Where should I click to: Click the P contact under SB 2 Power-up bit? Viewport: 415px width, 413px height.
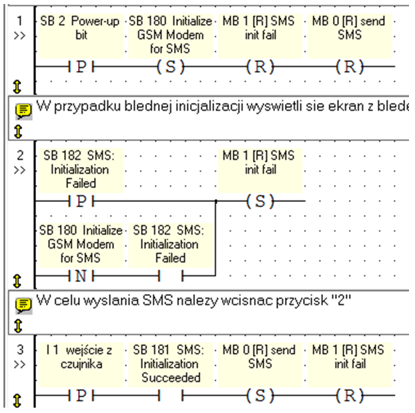pos(81,67)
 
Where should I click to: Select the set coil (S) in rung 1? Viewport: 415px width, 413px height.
pos(170,67)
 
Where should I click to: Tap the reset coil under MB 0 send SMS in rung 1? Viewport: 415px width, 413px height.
pos(350,67)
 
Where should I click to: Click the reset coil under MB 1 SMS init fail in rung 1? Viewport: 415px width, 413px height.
pos(260,67)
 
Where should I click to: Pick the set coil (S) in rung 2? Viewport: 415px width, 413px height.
pos(260,201)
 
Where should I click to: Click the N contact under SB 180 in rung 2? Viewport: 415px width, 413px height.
pos(81,276)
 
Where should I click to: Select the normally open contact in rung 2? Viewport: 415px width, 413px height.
pos(171,276)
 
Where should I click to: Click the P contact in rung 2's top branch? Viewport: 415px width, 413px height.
pos(81,201)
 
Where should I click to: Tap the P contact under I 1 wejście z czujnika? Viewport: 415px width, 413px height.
pos(81,396)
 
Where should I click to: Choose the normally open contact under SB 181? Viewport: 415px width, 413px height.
pos(171,396)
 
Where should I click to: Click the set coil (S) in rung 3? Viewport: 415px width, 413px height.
pos(260,396)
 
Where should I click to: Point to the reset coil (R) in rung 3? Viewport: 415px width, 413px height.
pos(350,396)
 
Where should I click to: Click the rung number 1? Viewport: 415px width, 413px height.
pos(19,21)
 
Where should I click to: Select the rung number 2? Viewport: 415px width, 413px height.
pos(20,155)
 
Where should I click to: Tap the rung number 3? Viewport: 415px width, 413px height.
pos(20,350)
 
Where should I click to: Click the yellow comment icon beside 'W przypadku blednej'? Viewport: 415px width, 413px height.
pos(23,110)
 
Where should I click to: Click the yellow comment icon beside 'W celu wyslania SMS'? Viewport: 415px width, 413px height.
pos(23,305)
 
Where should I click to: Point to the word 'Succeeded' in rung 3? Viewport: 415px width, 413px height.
pos(171,378)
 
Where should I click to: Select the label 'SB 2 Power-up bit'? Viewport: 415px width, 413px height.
pos(80,28)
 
